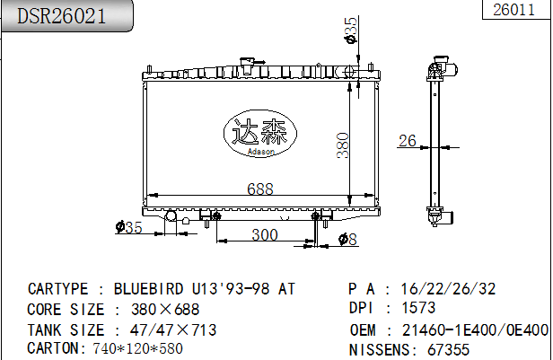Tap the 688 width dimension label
pos(259,189)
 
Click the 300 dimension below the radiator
pos(263,234)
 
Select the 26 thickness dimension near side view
pos(408,140)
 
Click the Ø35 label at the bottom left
pos(129,228)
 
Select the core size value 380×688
pos(165,309)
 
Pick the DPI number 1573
pos(417,309)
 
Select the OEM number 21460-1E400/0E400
pos(475,329)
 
